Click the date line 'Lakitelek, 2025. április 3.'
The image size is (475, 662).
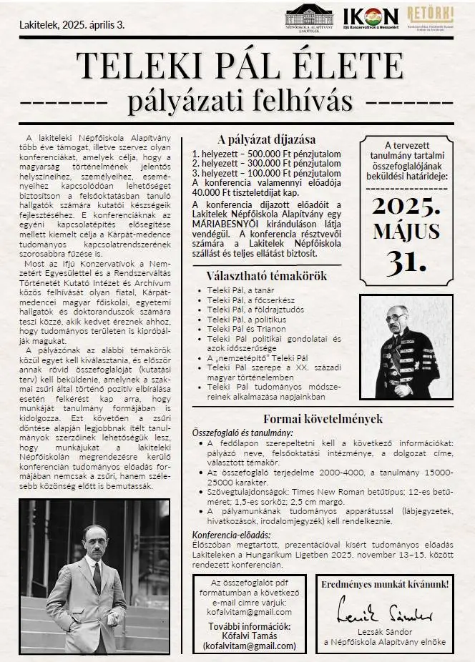72,25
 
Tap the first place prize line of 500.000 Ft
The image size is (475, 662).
255,154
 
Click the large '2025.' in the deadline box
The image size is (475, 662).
407,208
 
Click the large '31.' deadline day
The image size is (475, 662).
406,262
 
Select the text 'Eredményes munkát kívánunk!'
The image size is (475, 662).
385,584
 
